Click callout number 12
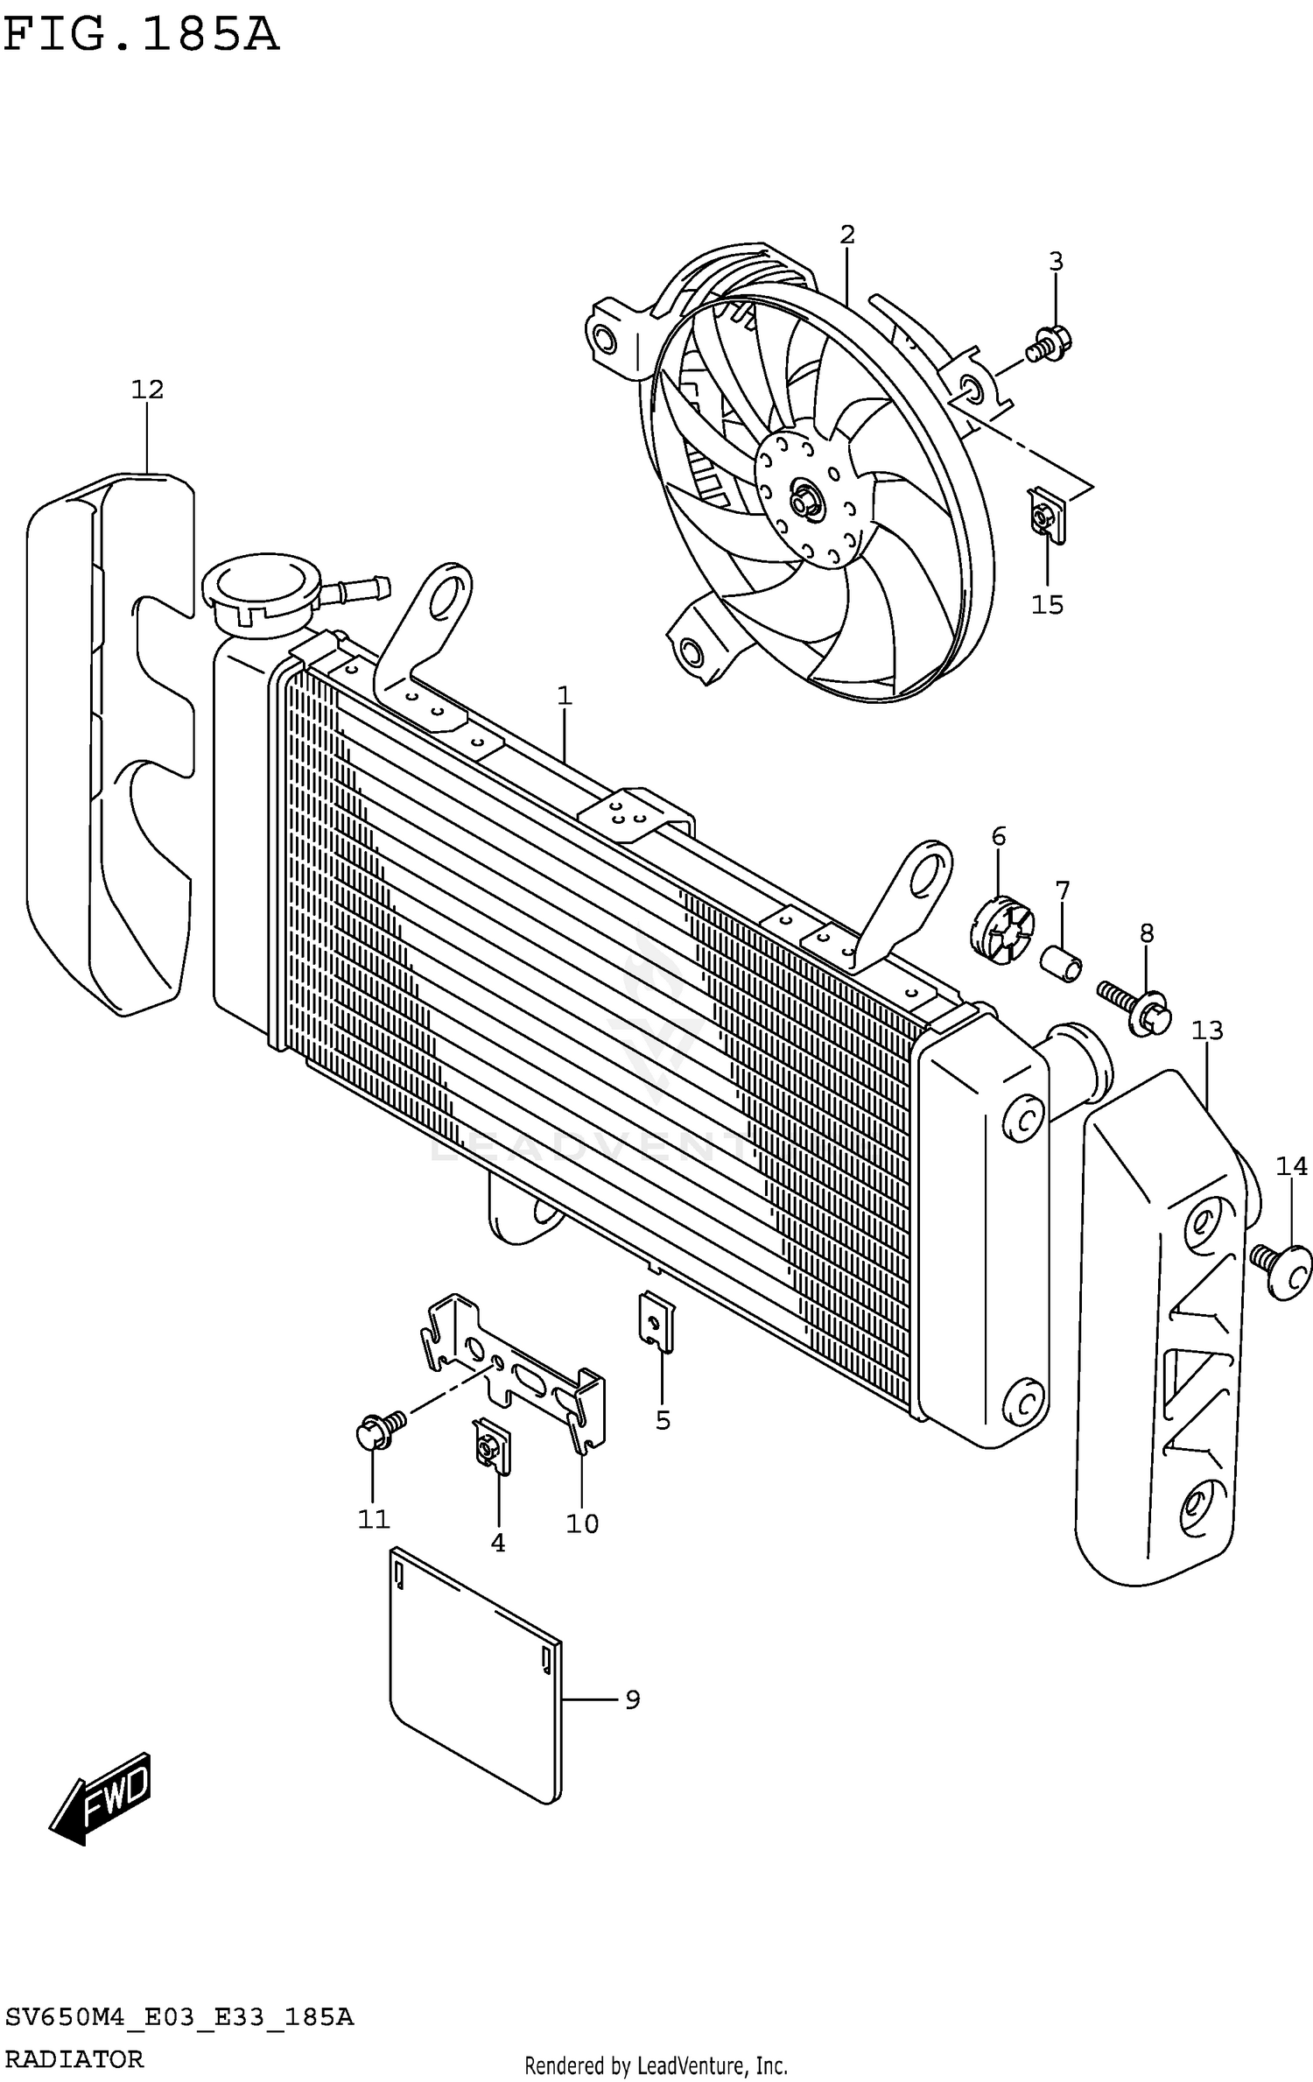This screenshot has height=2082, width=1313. click(147, 390)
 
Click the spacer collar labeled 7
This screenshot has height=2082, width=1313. click(1061, 963)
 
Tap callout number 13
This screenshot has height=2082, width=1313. click(1206, 1030)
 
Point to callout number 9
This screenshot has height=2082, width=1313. click(632, 1699)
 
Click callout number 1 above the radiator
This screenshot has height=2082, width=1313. click(565, 696)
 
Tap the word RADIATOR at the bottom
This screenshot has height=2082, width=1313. click(74, 2057)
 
